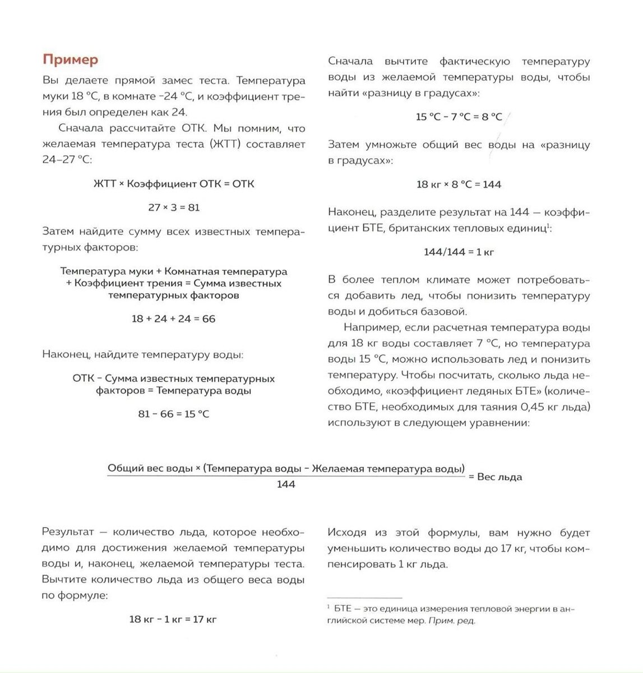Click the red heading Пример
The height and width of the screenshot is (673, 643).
tap(70, 60)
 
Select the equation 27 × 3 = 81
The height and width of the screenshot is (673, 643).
tap(174, 208)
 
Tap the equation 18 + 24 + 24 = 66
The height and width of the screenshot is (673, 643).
tap(174, 319)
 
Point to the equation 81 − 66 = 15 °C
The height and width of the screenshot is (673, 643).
tap(174, 414)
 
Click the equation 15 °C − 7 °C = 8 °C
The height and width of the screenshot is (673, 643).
tap(459, 117)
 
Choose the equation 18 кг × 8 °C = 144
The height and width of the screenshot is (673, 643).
tap(459, 185)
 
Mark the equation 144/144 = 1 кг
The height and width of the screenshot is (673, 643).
tap(459, 252)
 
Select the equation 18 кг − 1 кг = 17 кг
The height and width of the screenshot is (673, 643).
tap(173, 620)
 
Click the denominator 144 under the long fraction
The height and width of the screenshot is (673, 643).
tap(286, 484)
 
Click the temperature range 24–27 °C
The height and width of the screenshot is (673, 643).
tap(66, 160)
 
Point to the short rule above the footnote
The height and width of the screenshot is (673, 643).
tap(364, 598)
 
